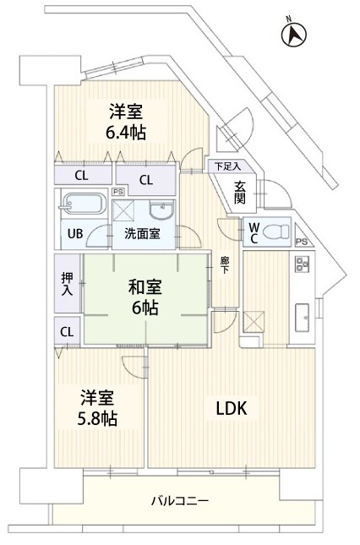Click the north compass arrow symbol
coord(293,34)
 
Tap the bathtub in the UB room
coord(84,204)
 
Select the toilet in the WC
coord(275,232)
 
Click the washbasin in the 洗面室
coord(161,210)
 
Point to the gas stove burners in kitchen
coord(302,264)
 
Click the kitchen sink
coord(302,318)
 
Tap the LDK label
coord(232,408)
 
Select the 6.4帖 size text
coord(126,133)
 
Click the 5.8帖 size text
coord(97,418)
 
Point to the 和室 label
coord(145,288)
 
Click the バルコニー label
coord(180,501)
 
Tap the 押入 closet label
coord(67,284)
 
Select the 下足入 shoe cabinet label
coord(227,166)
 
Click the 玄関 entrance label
coord(239,193)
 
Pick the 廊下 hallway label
coord(225,264)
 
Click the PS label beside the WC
coord(302,242)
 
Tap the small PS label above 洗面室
coord(117,191)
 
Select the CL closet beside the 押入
coord(67,331)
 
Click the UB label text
coord(75,233)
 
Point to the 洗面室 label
coord(143,234)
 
